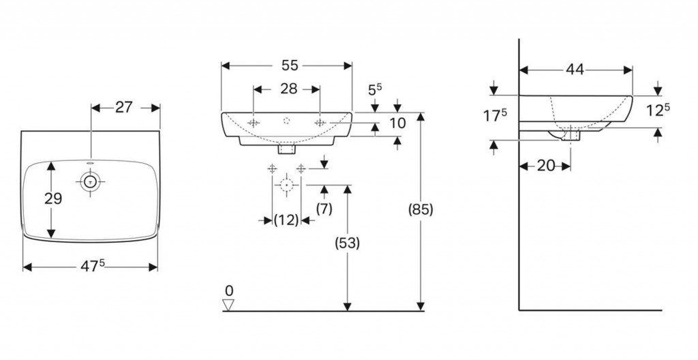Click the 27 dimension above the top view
(x=124, y=107)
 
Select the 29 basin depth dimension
(x=52, y=199)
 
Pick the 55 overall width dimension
(x=290, y=65)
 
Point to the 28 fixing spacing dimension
(x=287, y=89)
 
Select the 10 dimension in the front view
(x=397, y=123)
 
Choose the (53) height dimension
(x=348, y=242)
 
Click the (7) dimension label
(x=324, y=209)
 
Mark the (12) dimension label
(x=286, y=220)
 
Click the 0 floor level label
(x=229, y=291)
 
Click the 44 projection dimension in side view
(x=574, y=69)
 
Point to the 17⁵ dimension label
(x=496, y=116)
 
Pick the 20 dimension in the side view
(x=545, y=166)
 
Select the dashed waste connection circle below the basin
(x=287, y=185)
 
